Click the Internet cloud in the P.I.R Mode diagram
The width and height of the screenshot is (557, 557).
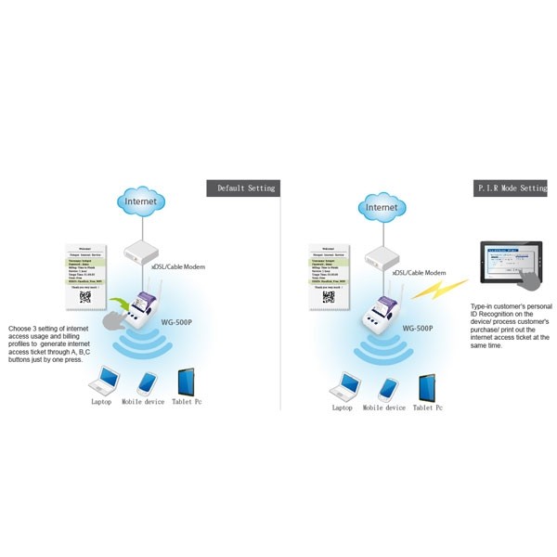point(383,208)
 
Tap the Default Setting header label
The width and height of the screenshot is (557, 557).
point(245,188)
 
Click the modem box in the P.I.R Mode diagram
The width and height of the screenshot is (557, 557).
point(383,257)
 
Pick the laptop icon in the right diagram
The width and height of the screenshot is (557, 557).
point(349,383)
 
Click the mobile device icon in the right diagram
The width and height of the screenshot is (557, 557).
point(386,386)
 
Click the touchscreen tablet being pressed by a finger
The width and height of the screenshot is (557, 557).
point(510,265)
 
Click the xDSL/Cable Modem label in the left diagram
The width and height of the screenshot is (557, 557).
point(177,267)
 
